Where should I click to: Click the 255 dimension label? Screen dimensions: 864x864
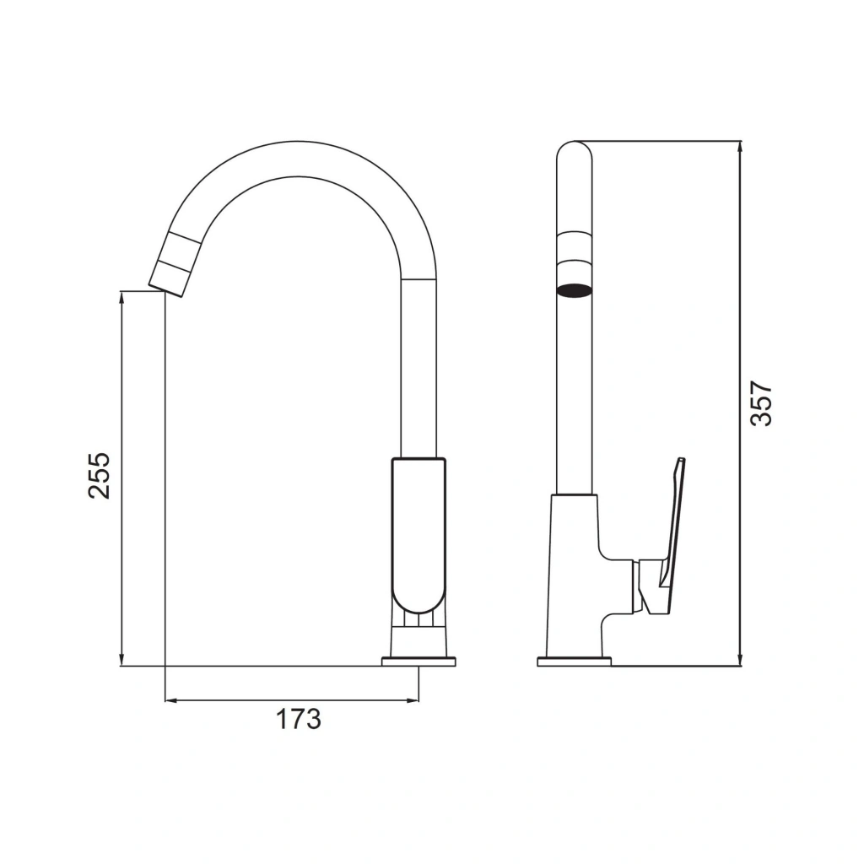(x=100, y=476)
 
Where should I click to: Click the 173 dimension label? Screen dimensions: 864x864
(x=298, y=719)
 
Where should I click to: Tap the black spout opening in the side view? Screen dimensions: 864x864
(x=574, y=289)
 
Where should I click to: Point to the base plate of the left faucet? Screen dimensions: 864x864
(x=418, y=661)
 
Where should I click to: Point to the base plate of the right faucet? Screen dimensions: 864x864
(x=574, y=661)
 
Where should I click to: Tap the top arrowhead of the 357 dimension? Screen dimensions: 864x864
(x=741, y=146)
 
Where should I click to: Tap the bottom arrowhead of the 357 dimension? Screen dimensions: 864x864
(x=741, y=661)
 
